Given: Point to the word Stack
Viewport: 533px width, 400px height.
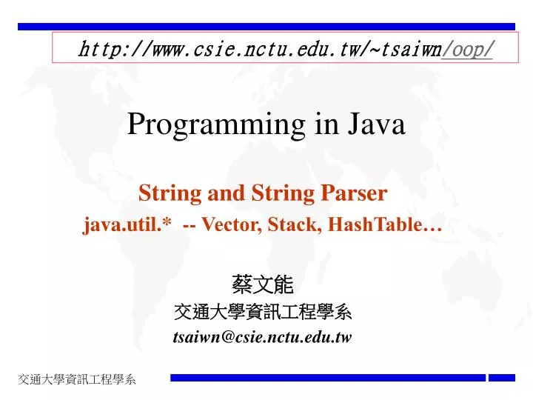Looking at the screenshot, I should (290, 225).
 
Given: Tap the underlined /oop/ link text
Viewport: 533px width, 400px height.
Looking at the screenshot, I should (468, 49).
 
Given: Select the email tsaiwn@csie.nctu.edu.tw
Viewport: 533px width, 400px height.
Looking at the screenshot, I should (262, 337).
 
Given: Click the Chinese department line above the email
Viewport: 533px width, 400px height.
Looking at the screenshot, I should (262, 313).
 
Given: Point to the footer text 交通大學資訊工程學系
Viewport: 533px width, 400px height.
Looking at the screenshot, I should (78, 380).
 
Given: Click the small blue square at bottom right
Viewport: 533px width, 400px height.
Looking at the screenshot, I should (501, 378).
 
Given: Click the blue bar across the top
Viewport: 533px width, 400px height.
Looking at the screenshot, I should (266, 26).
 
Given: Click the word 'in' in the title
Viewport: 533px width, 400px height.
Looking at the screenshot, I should (326, 124).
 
